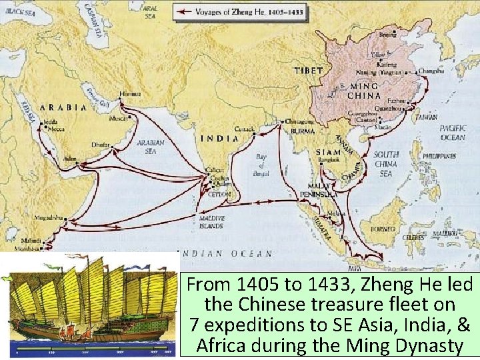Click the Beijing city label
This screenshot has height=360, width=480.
(387, 34)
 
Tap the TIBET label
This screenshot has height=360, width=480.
(308, 70)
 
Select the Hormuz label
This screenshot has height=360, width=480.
(129, 94)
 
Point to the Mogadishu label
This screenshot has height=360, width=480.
(50, 217)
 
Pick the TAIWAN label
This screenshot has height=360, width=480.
(426, 116)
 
